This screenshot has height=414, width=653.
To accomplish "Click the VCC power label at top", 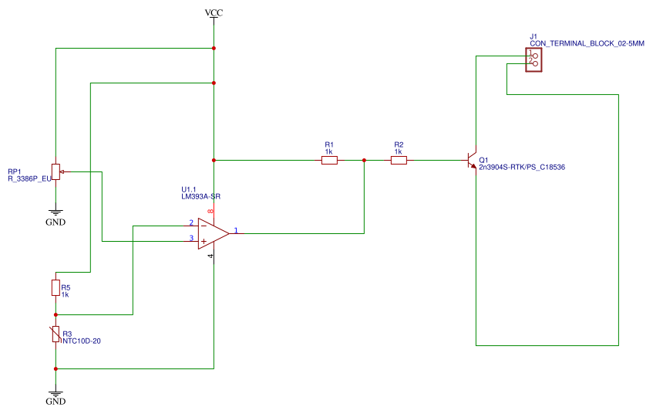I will coord(214,13).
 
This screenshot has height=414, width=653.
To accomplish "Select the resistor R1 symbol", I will coord(329,161).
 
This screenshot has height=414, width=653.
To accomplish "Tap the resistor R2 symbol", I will coord(399,161).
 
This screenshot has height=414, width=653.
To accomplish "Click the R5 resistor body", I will coord(56,287).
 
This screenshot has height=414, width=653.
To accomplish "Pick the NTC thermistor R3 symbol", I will coord(56,334).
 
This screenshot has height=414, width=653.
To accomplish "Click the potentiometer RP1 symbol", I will coord(56,171).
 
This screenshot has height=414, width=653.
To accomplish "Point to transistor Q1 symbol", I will coord(473,161).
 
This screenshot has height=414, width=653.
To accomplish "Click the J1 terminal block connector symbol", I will coord(533,60).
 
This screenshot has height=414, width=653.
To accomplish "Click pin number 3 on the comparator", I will coord(191,239).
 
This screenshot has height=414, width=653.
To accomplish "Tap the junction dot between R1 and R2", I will coord(364,161).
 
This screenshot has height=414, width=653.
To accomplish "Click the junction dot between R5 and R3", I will coord(56,315).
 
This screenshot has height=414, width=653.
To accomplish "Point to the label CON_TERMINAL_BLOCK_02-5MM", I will coord(587,43).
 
